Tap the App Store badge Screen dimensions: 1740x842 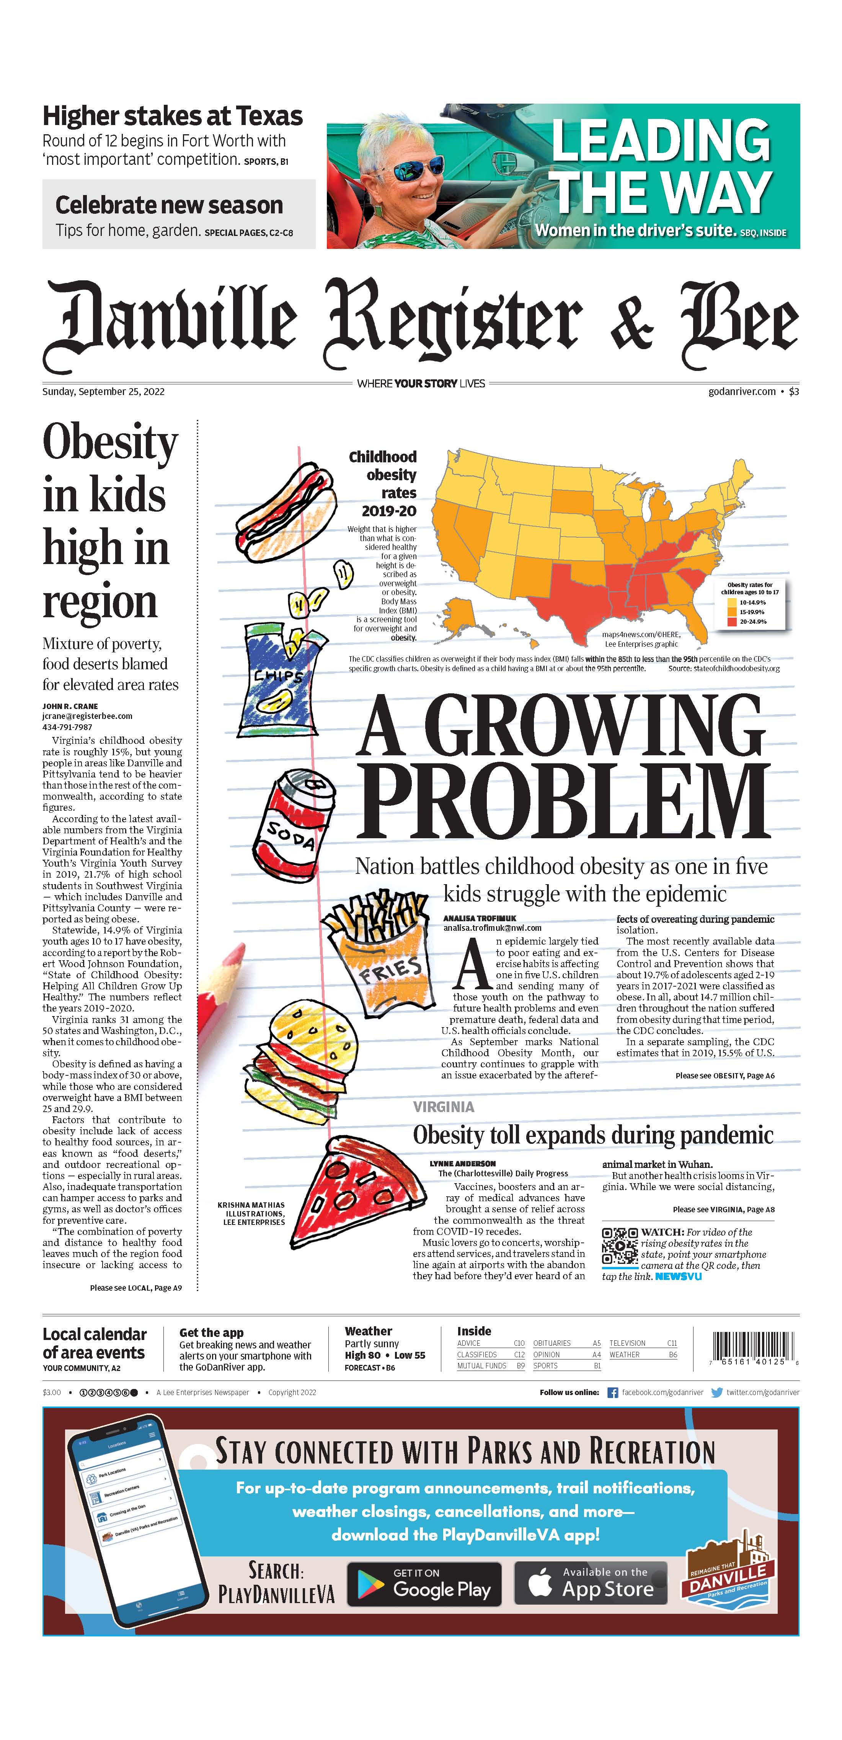tap(591, 1584)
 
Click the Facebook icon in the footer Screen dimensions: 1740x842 tap(612, 1392)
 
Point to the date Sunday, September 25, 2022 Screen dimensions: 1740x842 tap(103, 392)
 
